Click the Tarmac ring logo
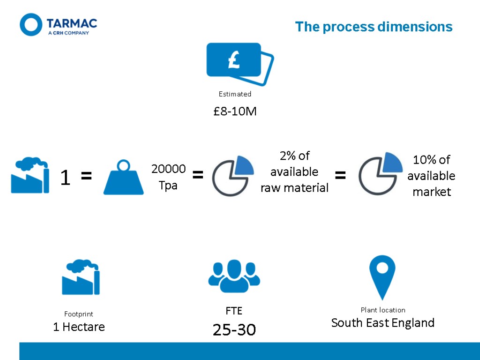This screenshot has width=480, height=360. (x=31, y=25)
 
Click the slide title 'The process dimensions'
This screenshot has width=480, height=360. (x=374, y=27)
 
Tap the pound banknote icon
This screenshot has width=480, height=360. (x=240, y=64)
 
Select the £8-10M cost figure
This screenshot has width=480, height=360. (x=235, y=112)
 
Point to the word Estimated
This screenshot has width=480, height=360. (x=235, y=94)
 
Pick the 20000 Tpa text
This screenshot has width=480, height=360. (x=168, y=177)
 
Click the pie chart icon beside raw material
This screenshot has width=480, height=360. (x=233, y=175)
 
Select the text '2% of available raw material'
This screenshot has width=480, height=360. (x=294, y=172)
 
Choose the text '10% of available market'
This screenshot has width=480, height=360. (x=431, y=176)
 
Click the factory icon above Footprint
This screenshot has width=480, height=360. (x=81, y=277)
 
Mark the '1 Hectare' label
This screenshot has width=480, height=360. (x=79, y=327)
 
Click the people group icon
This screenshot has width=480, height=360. (x=234, y=277)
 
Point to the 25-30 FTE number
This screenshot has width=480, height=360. (x=234, y=330)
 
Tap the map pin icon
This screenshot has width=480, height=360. (x=382, y=276)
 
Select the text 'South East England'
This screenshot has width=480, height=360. (x=382, y=323)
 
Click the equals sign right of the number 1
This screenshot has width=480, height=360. (x=86, y=177)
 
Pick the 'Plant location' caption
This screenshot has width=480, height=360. (x=382, y=310)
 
